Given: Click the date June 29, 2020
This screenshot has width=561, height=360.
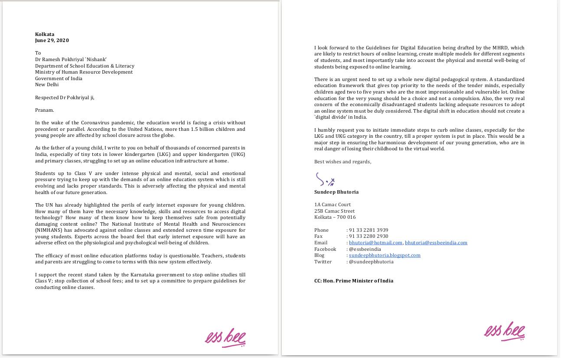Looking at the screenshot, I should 52,40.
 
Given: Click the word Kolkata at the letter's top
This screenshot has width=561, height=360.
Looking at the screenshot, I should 45,34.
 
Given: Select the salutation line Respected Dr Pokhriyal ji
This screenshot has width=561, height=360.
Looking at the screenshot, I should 65,97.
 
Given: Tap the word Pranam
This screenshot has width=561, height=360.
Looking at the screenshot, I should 45,110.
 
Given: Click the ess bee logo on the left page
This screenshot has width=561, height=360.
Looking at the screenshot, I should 225,337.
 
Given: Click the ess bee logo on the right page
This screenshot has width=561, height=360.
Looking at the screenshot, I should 505,331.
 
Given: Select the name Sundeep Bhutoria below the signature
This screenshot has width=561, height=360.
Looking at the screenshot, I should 336,192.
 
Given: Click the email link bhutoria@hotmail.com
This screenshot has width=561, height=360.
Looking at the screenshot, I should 375,243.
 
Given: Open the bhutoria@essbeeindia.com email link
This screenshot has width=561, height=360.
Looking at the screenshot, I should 436,243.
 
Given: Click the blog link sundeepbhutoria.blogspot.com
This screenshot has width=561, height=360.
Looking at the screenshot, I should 385,255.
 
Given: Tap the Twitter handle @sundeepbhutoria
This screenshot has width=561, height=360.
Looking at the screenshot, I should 371,262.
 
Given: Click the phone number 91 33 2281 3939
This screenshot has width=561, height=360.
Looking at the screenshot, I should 369,230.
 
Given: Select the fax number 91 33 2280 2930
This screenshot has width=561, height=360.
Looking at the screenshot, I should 369,237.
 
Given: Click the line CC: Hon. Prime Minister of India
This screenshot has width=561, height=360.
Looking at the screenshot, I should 354,281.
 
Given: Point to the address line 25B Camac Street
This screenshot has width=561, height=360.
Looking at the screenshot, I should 334,211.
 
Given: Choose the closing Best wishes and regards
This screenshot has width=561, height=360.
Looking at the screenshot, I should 342,162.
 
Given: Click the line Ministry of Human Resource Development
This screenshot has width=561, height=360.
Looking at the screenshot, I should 84,72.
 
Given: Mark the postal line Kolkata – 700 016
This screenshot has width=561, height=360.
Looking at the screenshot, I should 335,217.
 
